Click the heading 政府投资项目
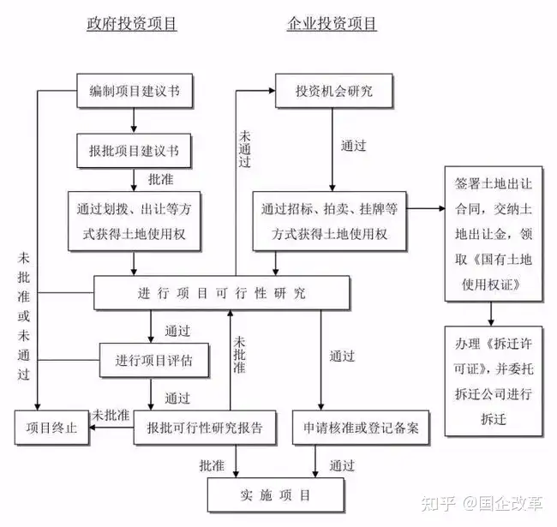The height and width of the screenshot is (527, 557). (x=132, y=24)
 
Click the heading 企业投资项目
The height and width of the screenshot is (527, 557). (x=332, y=24)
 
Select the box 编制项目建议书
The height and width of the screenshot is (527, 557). (x=135, y=91)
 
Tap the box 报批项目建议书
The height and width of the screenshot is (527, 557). (x=134, y=151)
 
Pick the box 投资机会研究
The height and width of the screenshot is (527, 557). (x=334, y=91)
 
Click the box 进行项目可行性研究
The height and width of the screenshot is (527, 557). (x=222, y=293)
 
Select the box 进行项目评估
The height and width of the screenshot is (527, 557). (x=153, y=360)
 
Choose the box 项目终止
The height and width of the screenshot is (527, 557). (x=51, y=428)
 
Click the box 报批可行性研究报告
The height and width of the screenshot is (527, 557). (x=205, y=428)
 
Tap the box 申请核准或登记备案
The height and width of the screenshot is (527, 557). (x=361, y=428)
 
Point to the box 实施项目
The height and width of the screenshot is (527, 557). (x=276, y=494)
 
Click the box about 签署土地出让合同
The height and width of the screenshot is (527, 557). (x=494, y=234)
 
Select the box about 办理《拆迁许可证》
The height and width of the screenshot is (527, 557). (x=494, y=381)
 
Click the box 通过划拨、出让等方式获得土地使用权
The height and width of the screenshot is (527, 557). (x=135, y=221)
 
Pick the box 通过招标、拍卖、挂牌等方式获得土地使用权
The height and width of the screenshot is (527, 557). (x=329, y=221)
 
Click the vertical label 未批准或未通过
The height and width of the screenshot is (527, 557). (x=24, y=315)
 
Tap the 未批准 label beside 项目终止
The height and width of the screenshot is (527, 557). (x=111, y=415)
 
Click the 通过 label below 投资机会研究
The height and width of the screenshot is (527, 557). (x=353, y=146)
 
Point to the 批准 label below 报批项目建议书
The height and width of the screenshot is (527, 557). (x=161, y=179)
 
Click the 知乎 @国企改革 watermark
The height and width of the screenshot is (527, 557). (x=482, y=503)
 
